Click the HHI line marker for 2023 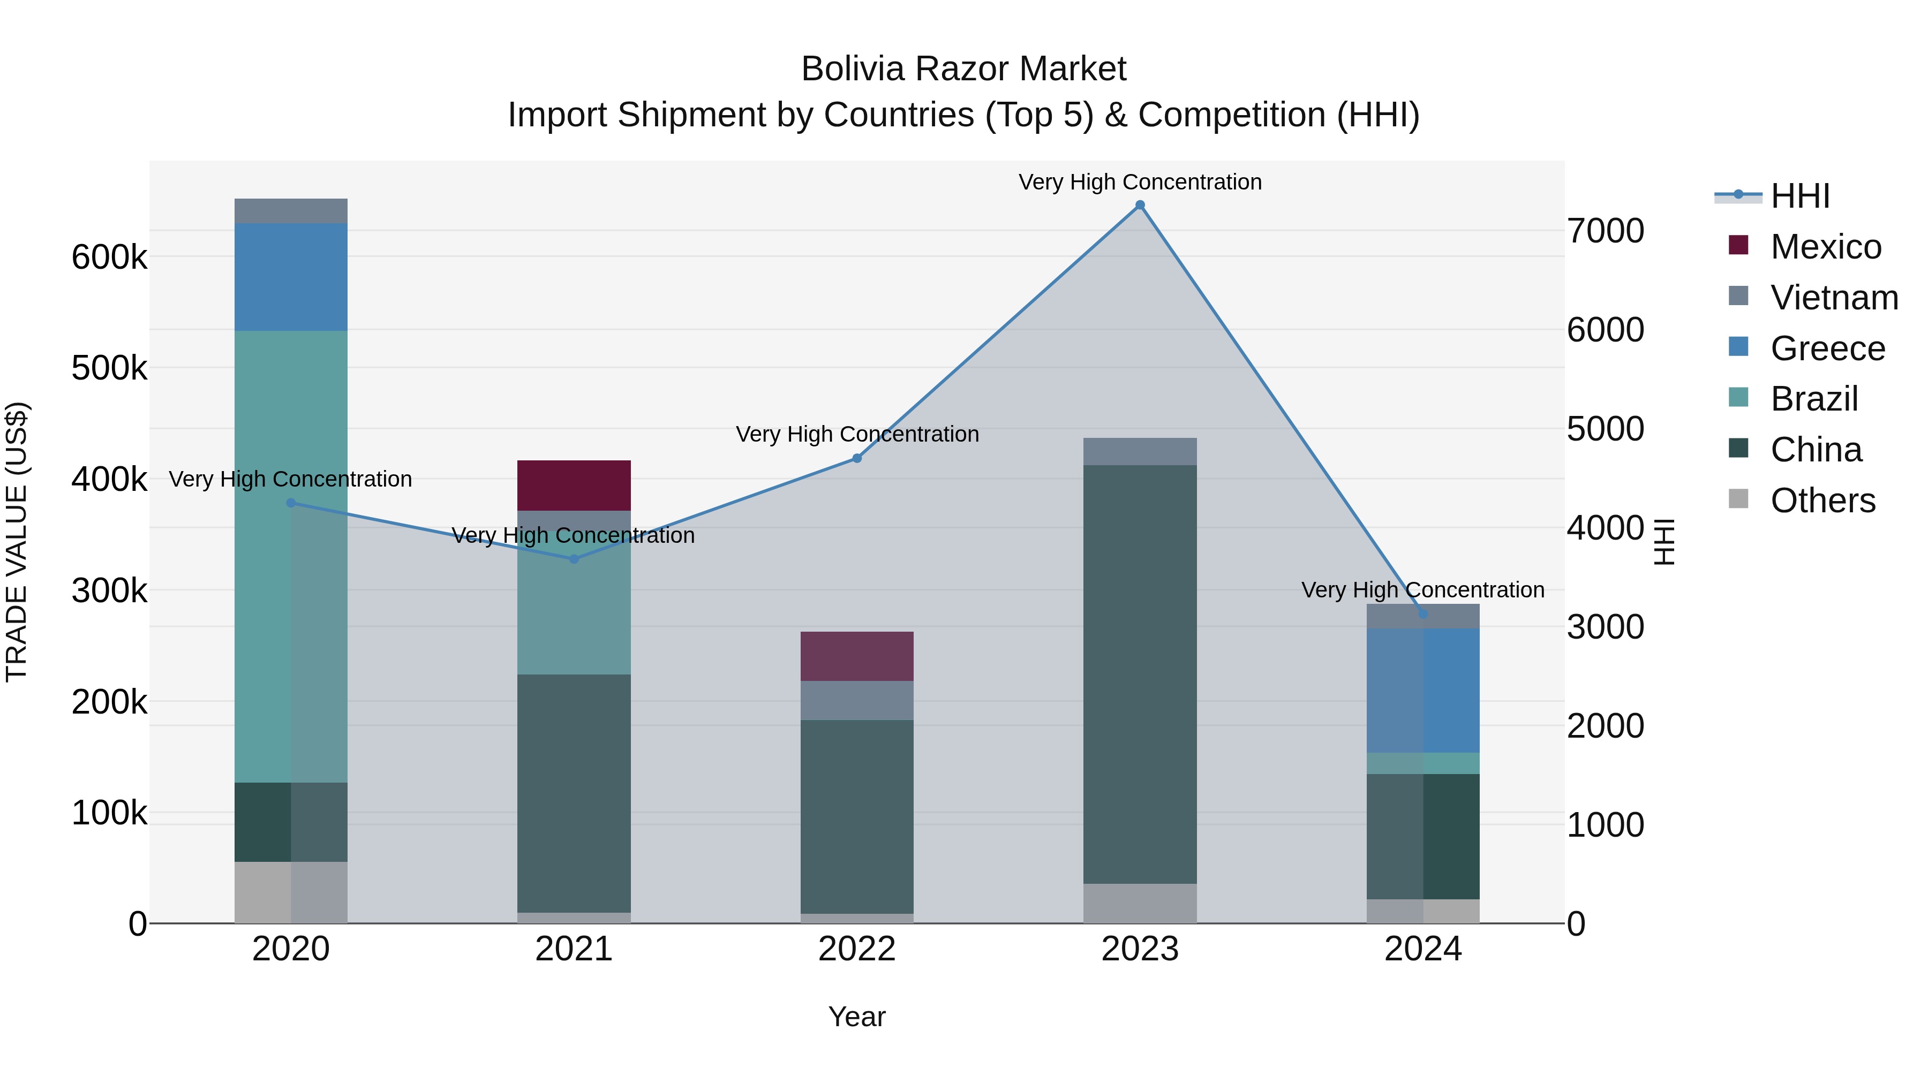tap(1140, 205)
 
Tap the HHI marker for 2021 tap(574, 559)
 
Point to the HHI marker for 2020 tap(291, 503)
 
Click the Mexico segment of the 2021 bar tap(574, 485)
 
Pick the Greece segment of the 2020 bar tap(291, 277)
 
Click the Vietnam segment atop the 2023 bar tap(1140, 451)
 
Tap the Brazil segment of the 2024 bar tap(1423, 763)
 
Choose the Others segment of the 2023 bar tap(1140, 903)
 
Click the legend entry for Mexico tap(1826, 247)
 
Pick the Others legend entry tap(1822, 501)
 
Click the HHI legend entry tap(1800, 196)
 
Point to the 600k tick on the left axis tap(109, 257)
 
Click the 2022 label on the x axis tap(857, 949)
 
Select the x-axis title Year tap(857, 1017)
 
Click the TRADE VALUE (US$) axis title tap(17, 542)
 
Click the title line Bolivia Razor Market tap(963, 69)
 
